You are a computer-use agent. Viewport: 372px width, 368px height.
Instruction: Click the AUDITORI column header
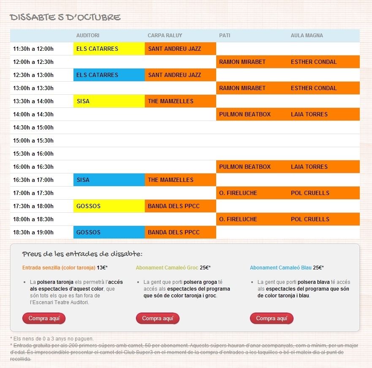(88, 36)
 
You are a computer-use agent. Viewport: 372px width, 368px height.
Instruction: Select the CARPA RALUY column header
(165, 36)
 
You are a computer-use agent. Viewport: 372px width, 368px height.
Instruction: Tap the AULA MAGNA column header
(307, 36)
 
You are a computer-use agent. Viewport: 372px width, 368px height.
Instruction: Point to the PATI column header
(225, 36)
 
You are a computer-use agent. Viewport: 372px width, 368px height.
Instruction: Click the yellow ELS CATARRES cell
(109, 49)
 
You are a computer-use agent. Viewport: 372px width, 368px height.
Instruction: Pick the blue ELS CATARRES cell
(109, 75)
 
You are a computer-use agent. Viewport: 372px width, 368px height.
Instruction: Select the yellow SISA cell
(109, 101)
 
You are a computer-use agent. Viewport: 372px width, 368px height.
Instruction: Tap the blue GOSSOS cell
(109, 232)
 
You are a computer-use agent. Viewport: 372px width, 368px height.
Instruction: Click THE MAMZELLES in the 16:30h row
(180, 180)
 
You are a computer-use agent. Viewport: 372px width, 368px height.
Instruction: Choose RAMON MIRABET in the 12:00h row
(252, 62)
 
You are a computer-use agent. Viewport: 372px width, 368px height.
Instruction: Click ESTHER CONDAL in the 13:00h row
(323, 88)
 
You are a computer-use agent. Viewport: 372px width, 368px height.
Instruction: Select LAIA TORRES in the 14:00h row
(323, 114)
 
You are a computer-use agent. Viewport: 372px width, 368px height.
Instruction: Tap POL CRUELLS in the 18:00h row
(323, 219)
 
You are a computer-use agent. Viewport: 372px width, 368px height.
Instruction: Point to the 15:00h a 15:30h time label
(33, 140)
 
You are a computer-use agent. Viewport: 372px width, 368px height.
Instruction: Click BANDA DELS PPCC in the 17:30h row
(180, 206)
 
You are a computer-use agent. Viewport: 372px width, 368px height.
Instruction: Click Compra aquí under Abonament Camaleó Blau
(272, 319)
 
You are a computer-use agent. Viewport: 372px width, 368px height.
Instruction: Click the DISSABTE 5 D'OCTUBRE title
(65, 17)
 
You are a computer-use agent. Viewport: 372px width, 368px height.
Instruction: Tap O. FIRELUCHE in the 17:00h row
(252, 193)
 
